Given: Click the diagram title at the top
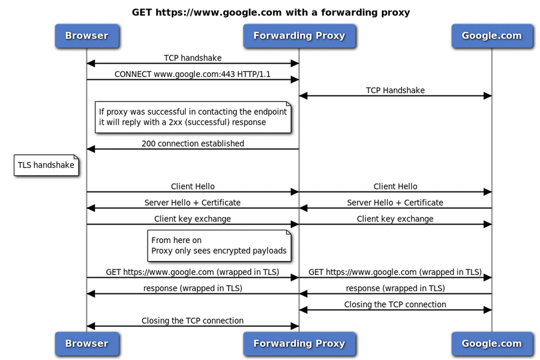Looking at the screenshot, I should (x=271, y=12).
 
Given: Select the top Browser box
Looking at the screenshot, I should (x=86, y=36).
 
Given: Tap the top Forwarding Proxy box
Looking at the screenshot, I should (x=299, y=36).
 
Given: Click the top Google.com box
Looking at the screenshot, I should (x=491, y=36).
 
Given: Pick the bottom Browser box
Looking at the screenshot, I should (x=86, y=344).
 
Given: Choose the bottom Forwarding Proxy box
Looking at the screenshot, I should (x=299, y=344).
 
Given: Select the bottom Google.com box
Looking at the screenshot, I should (x=491, y=344).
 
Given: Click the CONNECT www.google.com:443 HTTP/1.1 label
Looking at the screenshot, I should (x=193, y=74).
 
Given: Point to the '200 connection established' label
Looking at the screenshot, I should (x=193, y=143).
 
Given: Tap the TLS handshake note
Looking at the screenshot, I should (x=46, y=165).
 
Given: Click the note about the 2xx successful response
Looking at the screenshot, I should (x=193, y=117).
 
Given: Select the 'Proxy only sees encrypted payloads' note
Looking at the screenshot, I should (x=218, y=245).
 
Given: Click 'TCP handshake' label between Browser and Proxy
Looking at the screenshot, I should (x=193, y=58).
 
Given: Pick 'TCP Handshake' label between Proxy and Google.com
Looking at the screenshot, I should (x=395, y=91).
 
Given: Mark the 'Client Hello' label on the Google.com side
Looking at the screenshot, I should (x=395, y=187).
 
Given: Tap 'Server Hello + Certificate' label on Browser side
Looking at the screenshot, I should (x=193, y=203).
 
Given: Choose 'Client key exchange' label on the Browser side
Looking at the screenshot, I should (x=193, y=219).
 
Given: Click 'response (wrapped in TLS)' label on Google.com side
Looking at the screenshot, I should (x=395, y=289).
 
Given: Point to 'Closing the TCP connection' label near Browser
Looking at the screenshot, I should (x=193, y=321).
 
